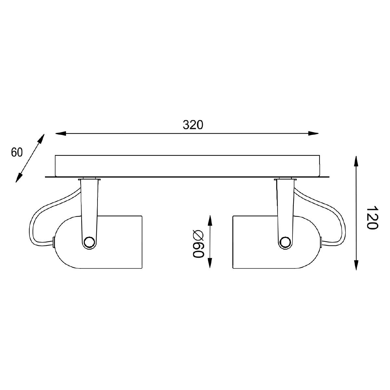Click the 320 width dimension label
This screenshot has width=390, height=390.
click(193, 125)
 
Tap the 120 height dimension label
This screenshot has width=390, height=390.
click(372, 218)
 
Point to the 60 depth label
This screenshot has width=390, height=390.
click(17, 152)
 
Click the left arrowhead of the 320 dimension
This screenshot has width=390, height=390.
click(61, 133)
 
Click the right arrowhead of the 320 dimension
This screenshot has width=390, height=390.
click(313, 133)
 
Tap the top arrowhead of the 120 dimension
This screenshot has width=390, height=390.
click(356, 161)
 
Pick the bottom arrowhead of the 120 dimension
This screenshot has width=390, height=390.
click(356, 265)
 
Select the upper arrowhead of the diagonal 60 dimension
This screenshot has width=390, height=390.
click(41, 139)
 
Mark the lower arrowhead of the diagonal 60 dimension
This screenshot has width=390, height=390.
click(19, 177)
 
